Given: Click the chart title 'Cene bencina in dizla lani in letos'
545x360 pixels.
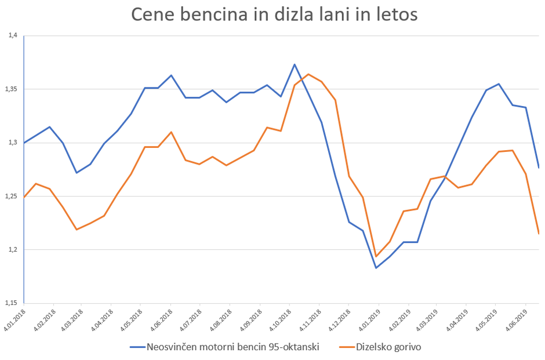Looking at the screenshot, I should pyautogui.click(x=274, y=14).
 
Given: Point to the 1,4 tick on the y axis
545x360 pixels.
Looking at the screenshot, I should pyautogui.click(x=13, y=36).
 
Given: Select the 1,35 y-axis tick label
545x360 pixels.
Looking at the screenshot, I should pyautogui.click(x=13, y=89).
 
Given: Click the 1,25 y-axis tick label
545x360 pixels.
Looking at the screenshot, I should pyautogui.click(x=13, y=197).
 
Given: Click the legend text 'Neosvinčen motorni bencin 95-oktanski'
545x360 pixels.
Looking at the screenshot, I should pyautogui.click(x=232, y=347).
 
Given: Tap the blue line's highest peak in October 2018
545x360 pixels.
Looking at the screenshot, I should pyautogui.click(x=295, y=64).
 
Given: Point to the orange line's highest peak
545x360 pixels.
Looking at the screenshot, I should pyautogui.click(x=308, y=74).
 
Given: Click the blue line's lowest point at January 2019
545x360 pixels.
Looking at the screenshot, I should pyautogui.click(x=376, y=268).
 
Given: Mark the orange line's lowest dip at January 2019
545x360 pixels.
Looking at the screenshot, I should pyautogui.click(x=376, y=256).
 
